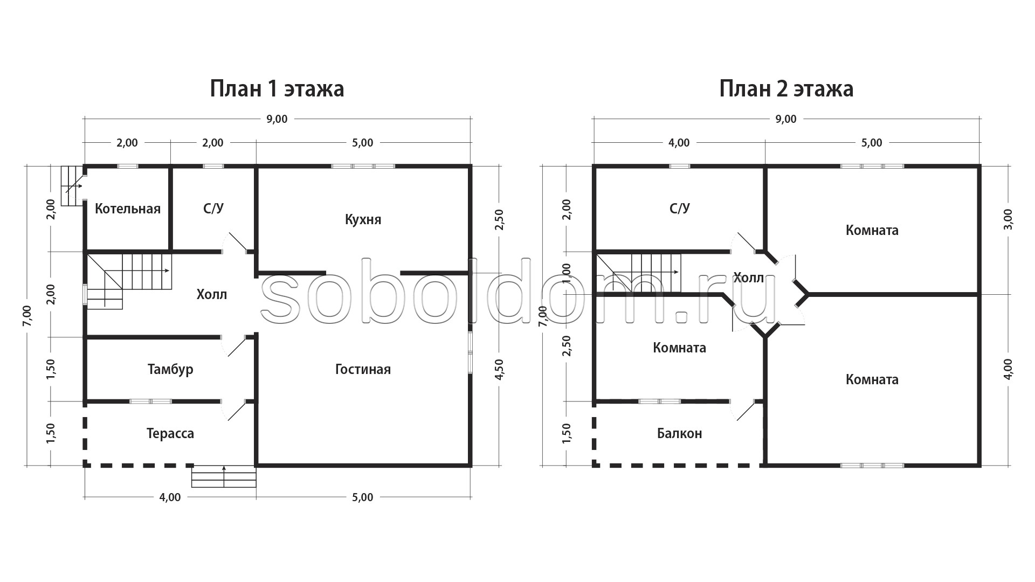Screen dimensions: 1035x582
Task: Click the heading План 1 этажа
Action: click(277, 89)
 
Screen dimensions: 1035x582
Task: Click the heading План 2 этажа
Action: click(786, 89)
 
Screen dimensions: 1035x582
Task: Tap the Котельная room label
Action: click(128, 209)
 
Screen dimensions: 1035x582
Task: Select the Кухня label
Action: click(363, 220)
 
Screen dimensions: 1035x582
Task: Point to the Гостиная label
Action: click(363, 369)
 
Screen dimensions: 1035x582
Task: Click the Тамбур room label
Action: click(170, 370)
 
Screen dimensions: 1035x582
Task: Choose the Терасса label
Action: click(170, 434)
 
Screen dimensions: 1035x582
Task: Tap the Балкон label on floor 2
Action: click(679, 434)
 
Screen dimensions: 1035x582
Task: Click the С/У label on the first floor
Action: click(213, 209)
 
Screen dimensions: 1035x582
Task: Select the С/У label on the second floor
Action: click(679, 209)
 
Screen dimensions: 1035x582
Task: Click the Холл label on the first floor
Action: click(212, 295)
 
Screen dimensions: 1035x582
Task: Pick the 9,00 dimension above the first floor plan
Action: click(277, 119)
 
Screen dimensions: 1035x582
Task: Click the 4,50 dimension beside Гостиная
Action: click(499, 370)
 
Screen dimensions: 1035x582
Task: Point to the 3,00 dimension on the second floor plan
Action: click(1008, 219)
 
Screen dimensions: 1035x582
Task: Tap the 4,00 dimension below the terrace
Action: click(170, 497)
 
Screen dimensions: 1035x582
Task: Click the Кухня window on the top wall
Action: click(363, 166)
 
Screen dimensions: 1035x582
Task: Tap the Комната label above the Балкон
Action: click(679, 348)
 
